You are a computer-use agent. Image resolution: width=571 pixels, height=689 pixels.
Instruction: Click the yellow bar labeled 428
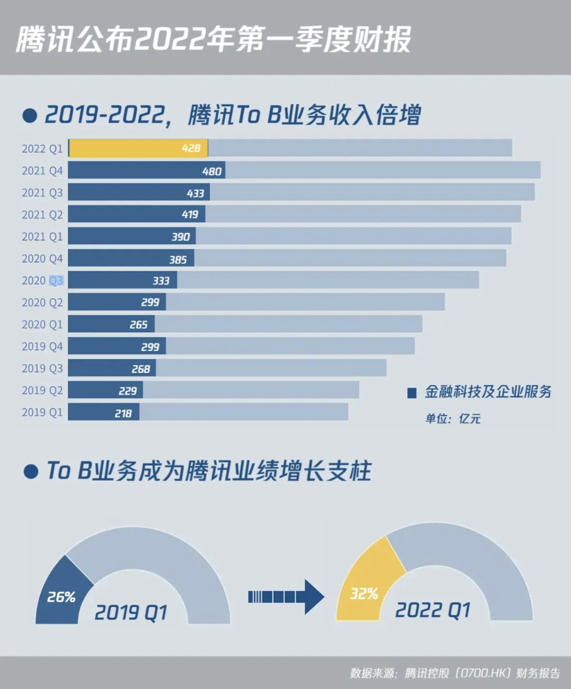pyautogui.click(x=139, y=148)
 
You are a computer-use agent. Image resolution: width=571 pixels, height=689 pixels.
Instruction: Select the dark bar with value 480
pyautogui.click(x=146, y=170)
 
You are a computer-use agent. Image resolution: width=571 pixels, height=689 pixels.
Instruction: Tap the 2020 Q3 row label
pyautogui.click(x=42, y=280)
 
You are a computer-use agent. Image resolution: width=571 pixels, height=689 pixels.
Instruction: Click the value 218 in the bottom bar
pyautogui.click(x=123, y=413)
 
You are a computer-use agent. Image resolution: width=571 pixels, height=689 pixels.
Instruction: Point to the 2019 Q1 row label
pyautogui.click(x=42, y=412)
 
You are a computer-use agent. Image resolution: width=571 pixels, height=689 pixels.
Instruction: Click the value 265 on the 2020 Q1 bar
pyautogui.click(x=138, y=325)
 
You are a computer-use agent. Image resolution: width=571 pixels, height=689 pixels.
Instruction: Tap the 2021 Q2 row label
pyautogui.click(x=42, y=214)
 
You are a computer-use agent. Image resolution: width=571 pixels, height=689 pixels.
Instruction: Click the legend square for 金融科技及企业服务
pyautogui.click(x=412, y=393)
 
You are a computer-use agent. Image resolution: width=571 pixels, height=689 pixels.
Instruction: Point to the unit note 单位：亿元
pyautogui.click(x=453, y=419)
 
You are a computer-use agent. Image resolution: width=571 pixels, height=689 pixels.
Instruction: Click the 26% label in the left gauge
pyautogui.click(x=61, y=596)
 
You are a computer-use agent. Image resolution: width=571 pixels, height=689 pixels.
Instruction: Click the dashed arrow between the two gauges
pyautogui.click(x=285, y=596)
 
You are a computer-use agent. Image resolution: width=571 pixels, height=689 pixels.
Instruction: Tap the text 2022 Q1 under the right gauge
pyautogui.click(x=433, y=610)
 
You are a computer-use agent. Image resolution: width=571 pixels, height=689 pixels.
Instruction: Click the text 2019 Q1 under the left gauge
pyautogui.click(x=131, y=612)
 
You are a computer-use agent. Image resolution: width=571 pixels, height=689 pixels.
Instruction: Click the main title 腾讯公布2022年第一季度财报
pyautogui.click(x=213, y=39)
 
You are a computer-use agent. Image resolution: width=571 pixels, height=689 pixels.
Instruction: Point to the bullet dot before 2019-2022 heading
pyautogui.click(x=30, y=116)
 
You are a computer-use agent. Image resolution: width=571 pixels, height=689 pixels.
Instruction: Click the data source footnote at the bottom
pyautogui.click(x=454, y=673)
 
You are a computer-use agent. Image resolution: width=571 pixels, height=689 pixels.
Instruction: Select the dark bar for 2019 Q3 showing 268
pyautogui.click(x=112, y=368)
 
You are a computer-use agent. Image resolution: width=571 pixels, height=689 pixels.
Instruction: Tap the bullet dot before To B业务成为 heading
pyautogui.click(x=31, y=472)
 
